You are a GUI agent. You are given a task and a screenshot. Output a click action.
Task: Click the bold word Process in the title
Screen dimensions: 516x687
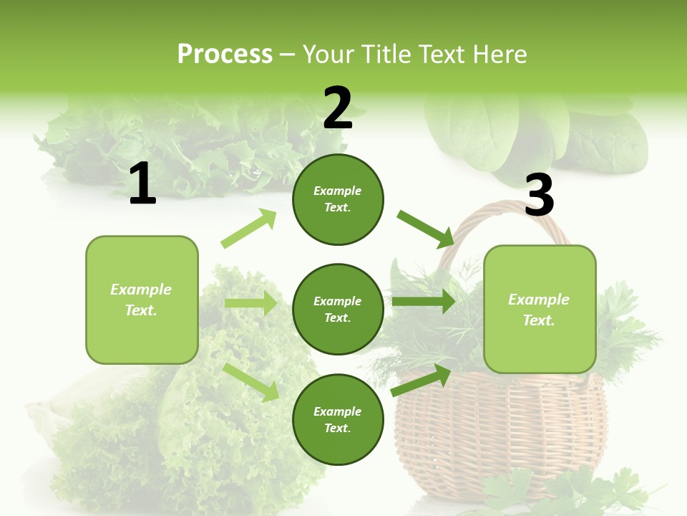[x=225, y=54]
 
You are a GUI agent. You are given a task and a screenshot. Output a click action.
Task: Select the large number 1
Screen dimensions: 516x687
[x=142, y=183]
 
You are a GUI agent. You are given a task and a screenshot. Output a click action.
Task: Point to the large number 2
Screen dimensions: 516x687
[x=338, y=108]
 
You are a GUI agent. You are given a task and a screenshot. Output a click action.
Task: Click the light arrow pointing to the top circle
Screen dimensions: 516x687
[x=249, y=229]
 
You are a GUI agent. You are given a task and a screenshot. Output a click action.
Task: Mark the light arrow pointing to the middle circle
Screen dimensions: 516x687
[x=250, y=303]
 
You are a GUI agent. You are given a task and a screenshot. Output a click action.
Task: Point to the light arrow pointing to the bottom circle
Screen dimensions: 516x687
[x=252, y=381]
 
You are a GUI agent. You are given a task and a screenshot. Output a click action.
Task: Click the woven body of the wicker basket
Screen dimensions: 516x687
[x=494, y=437]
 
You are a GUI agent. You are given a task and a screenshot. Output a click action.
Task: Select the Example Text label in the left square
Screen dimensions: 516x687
[x=141, y=300]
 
